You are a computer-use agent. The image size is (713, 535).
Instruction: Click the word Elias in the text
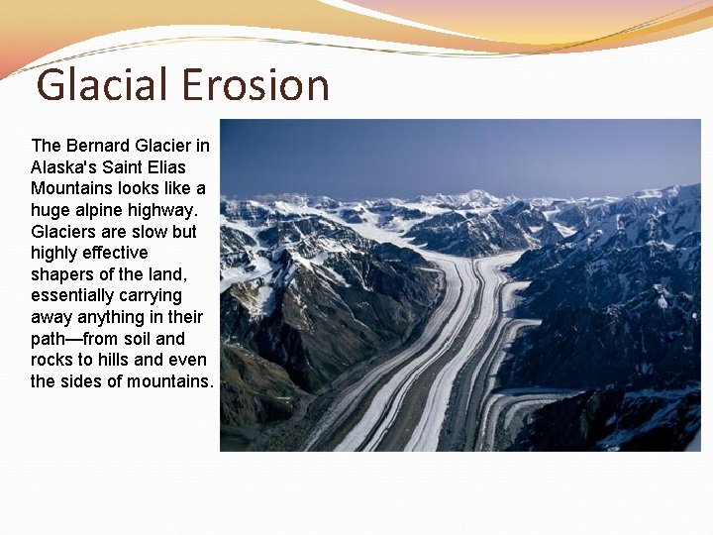pos(164,167)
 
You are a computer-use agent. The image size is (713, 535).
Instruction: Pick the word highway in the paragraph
pos(164,210)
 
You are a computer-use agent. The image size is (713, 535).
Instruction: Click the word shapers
pos(62,274)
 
